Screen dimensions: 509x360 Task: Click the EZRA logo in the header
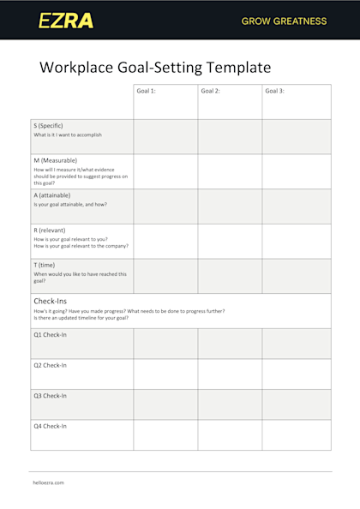[x=66, y=21]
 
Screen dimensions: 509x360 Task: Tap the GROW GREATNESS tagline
[x=284, y=21]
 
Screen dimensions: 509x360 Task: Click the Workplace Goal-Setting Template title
[x=155, y=67]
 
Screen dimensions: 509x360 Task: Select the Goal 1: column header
[x=147, y=90]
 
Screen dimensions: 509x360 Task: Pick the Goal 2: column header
[x=211, y=90]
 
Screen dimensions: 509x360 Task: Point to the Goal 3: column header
[x=275, y=90]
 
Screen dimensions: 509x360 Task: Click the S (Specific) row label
[x=49, y=125]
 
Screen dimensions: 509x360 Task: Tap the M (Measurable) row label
[x=56, y=160]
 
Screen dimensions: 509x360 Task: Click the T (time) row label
[x=45, y=265]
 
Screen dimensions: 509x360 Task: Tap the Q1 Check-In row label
[x=51, y=334]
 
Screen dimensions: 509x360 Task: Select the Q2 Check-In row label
[x=51, y=365]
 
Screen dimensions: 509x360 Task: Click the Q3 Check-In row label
[x=51, y=396]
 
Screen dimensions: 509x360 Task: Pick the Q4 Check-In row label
[x=51, y=426]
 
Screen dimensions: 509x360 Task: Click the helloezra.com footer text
[x=49, y=482]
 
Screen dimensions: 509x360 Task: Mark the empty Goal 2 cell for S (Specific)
[x=230, y=136]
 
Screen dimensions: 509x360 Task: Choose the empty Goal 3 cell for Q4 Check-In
[x=296, y=434]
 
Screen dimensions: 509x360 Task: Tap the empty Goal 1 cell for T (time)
[x=165, y=276]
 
